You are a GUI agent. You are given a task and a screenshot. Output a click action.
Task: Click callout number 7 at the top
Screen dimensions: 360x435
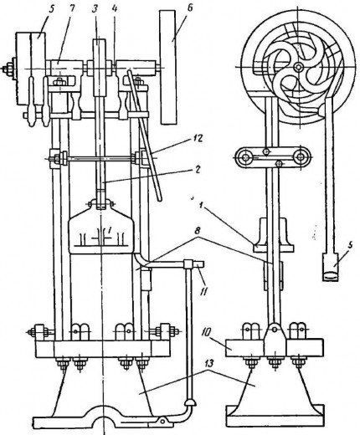click(72, 8)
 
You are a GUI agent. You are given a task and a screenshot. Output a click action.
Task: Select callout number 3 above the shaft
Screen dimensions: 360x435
click(95, 8)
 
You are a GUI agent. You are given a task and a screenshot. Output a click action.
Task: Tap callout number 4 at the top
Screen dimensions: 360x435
click(115, 8)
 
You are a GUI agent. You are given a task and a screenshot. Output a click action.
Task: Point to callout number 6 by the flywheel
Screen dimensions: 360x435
click(189, 8)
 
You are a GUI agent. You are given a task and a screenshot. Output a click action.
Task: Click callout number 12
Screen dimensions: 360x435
click(197, 138)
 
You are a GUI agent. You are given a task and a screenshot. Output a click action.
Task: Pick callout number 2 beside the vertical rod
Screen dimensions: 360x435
click(198, 170)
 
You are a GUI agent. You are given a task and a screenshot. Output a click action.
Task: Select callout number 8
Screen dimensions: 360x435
click(198, 231)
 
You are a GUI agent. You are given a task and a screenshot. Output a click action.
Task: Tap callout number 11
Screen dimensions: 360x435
click(203, 291)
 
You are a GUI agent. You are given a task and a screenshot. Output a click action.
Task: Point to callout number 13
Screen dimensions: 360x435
click(208, 363)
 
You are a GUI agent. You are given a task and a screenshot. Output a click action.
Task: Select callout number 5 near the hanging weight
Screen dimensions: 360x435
click(351, 246)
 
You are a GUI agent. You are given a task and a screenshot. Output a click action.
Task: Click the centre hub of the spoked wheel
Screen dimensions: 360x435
click(299, 67)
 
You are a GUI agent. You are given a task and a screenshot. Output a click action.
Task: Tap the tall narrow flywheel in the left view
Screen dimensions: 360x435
click(168, 67)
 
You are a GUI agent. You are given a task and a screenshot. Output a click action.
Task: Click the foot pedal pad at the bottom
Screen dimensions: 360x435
click(190, 403)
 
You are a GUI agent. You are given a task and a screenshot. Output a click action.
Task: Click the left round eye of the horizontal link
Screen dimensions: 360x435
click(246, 157)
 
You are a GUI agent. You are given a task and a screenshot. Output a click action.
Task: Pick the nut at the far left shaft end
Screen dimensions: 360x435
click(8, 68)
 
